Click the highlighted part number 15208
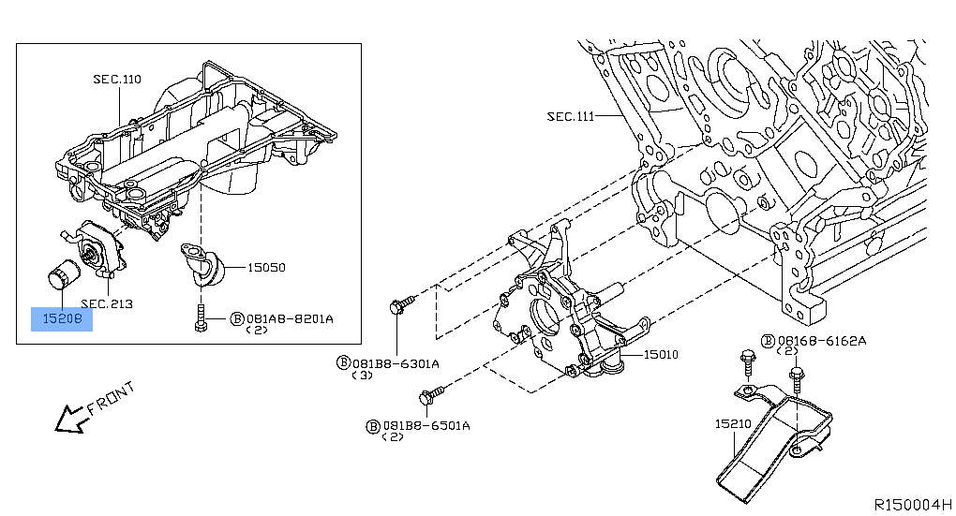click(62, 318)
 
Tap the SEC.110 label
click(117, 80)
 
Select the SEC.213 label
click(107, 303)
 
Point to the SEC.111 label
click(570, 116)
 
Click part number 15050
click(266, 268)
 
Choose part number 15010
click(661, 354)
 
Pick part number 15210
click(733, 423)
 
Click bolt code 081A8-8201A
click(290, 318)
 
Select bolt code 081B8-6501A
click(426, 425)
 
